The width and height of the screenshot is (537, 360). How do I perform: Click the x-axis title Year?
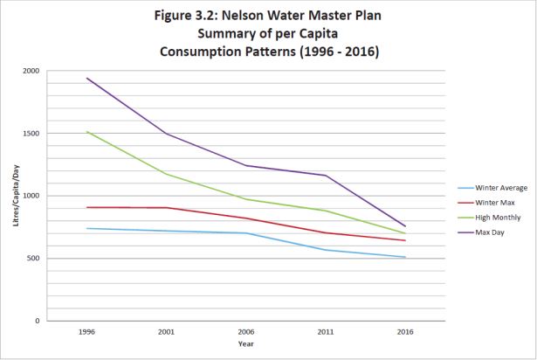pos(245,343)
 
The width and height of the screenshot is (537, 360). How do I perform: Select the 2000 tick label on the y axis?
pos(31,71)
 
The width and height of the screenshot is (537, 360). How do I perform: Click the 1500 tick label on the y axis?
pos(31,134)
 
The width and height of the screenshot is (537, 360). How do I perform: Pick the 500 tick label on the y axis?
pos(34,259)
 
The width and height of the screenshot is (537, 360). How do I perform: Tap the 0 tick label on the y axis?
pos(38,322)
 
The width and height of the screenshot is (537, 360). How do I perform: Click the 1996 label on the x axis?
pos(86,332)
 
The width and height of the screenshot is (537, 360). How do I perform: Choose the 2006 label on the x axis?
pos(245,332)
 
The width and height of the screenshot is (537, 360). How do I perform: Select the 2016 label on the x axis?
pos(405,332)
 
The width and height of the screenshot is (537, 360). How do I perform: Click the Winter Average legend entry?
pos(493,187)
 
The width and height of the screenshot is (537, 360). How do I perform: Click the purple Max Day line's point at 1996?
pos(86,78)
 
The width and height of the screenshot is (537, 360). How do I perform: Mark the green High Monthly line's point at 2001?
pos(166,174)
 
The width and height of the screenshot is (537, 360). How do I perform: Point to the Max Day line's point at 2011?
pos(326,176)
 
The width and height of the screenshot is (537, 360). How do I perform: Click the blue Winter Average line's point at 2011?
pos(326,250)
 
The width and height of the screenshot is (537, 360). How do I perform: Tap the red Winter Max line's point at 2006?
pos(245,218)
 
